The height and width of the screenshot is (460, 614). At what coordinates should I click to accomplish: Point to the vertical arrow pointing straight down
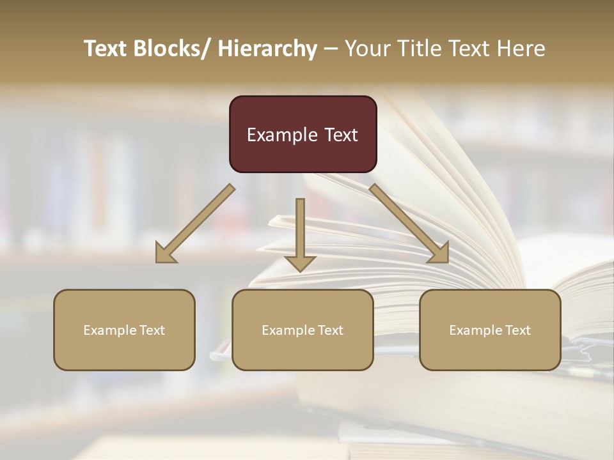300,233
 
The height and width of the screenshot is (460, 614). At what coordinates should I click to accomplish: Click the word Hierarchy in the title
267,49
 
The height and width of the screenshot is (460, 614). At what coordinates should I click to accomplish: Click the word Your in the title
368,49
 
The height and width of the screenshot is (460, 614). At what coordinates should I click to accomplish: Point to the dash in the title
331,49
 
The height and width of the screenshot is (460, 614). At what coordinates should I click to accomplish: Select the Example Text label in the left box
124,330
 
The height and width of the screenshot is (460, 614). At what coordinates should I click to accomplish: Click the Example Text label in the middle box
303,330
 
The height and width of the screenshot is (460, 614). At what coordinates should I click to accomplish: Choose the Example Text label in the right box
490,330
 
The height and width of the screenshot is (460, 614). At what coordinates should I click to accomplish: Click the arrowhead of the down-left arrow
166,254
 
